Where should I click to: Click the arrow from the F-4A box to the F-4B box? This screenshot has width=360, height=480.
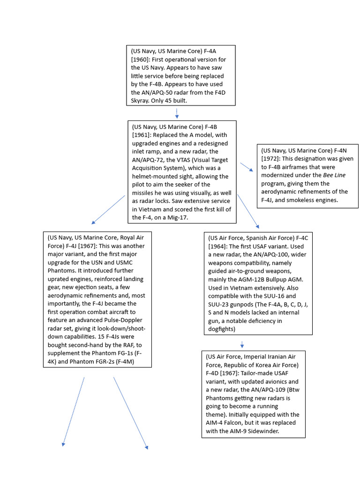[x=177, y=113]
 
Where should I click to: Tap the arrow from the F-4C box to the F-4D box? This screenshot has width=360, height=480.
[x=242, y=345]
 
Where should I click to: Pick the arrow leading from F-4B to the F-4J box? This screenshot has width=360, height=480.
[x=109, y=210]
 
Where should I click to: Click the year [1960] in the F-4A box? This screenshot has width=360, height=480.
[x=141, y=60]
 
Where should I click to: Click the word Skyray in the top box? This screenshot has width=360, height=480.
[x=142, y=101]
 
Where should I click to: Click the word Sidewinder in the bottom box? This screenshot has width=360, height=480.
[x=262, y=431]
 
